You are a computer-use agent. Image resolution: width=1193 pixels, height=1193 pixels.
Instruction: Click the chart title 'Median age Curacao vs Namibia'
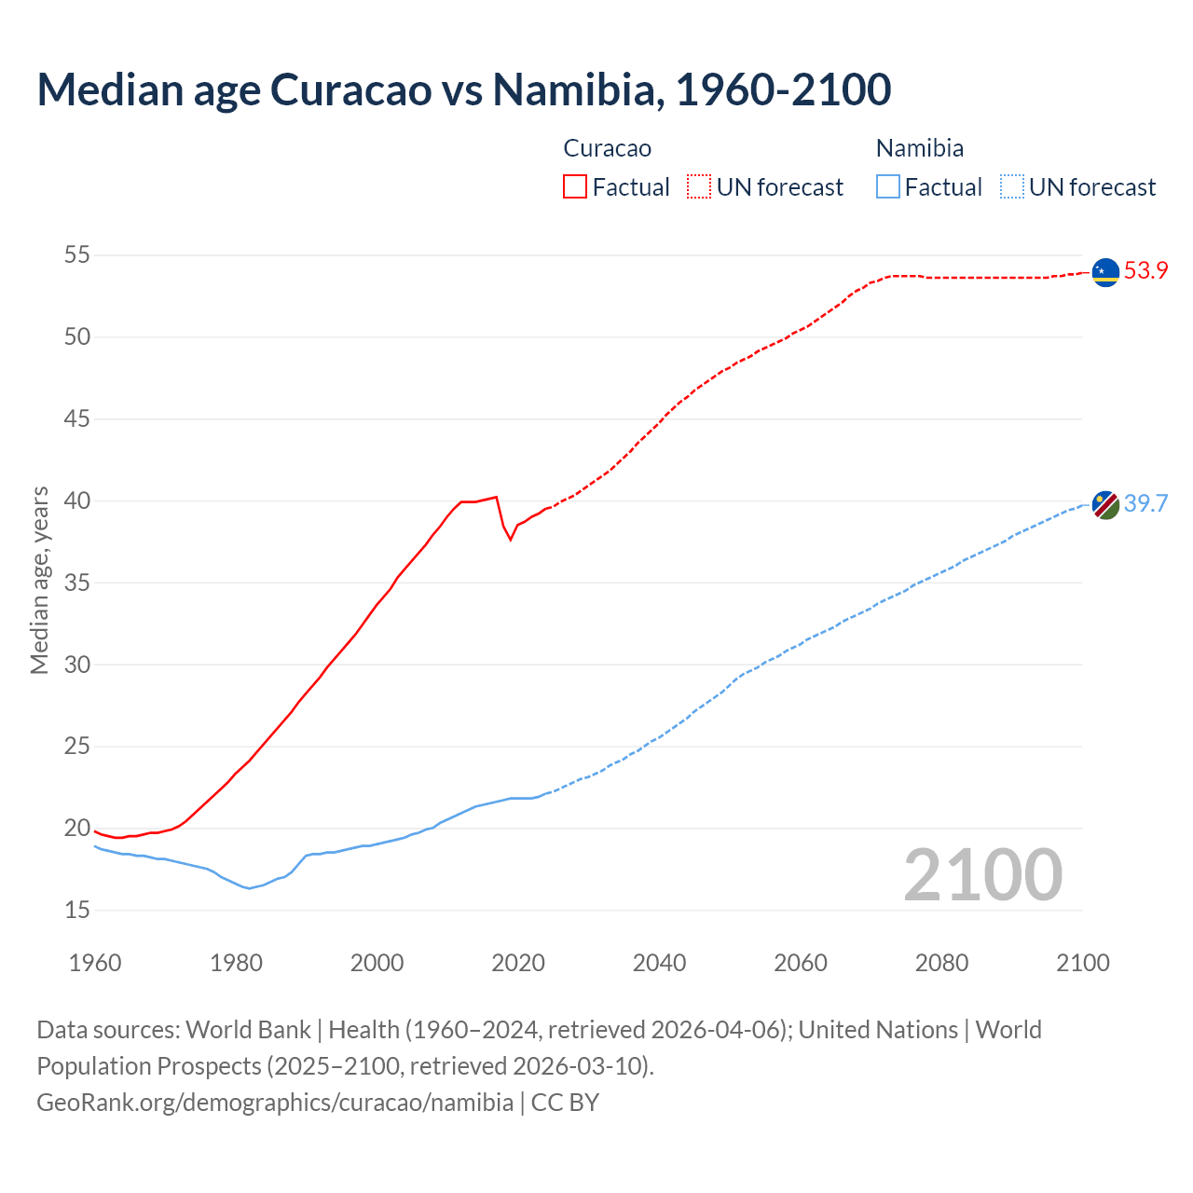463,89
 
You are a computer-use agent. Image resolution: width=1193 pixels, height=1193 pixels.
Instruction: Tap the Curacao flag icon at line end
1105,272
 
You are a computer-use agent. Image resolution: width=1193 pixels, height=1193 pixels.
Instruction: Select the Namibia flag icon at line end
1105,504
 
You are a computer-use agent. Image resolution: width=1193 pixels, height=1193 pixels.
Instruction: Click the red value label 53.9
1145,271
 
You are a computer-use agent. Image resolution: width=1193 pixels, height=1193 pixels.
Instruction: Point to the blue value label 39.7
1145,504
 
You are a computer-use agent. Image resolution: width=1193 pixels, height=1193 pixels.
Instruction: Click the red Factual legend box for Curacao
575,187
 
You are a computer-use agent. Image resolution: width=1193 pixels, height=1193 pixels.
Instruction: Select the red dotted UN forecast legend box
699,187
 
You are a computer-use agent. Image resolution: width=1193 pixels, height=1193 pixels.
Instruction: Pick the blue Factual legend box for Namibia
888,187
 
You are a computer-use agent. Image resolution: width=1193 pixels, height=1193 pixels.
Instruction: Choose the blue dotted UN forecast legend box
1012,187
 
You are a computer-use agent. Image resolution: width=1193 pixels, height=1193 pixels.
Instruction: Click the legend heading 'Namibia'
919,148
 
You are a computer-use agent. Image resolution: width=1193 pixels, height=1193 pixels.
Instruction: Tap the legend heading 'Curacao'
607,148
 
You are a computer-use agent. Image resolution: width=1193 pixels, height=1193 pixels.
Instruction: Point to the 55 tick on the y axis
77,254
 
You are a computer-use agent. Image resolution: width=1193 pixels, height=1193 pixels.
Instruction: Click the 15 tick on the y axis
77,910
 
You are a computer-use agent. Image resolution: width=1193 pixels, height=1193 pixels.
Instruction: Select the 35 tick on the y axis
77,583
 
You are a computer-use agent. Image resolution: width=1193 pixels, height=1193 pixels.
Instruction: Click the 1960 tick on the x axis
95,963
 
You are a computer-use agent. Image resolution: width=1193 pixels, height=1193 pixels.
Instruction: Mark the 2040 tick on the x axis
659,963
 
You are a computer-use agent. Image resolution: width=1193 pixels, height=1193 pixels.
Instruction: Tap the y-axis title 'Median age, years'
39,580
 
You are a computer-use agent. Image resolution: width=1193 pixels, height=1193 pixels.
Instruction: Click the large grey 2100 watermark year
982,874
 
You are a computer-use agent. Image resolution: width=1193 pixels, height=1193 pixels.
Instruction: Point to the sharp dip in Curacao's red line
510,538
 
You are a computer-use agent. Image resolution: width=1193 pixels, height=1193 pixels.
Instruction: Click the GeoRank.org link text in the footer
275,1102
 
